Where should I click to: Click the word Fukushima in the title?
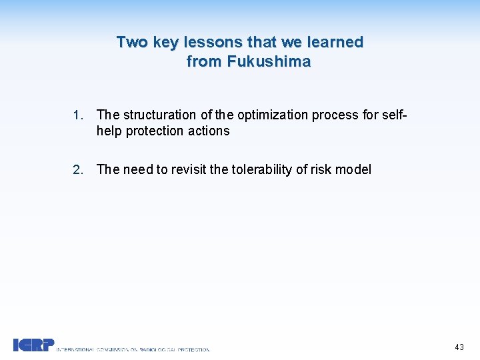[269, 62]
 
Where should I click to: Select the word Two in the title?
[132, 42]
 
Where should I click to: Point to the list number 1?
[77, 115]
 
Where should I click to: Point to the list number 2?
[77, 169]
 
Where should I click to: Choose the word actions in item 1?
[209, 131]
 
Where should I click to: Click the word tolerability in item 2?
[259, 169]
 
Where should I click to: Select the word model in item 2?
[353, 169]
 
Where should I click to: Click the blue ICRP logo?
[33, 344]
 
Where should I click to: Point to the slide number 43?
[459, 347]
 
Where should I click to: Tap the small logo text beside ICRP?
[133, 349]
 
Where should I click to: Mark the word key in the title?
[165, 42]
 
